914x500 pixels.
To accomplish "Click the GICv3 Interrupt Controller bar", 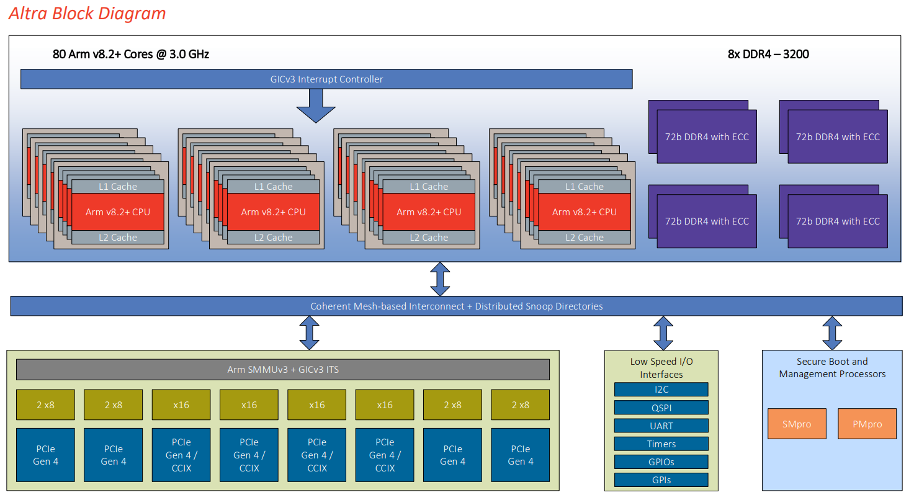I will pos(326,79).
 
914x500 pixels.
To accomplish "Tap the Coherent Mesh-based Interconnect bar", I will pos(456,306).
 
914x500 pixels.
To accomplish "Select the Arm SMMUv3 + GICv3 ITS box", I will pos(282,370).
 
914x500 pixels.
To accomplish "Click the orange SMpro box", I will pos(797,424).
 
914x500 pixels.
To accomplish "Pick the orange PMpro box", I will pos(867,424).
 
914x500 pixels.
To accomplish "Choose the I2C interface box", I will pos(661,390).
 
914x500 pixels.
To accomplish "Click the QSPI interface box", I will pos(661,408).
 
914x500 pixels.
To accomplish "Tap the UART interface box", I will pos(661,426).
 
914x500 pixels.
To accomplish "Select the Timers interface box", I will pos(661,444).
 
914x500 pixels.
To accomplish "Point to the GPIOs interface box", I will pos(661,462).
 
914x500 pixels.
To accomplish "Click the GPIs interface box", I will pos(661,480).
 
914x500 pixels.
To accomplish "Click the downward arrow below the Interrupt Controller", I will pos(315,105).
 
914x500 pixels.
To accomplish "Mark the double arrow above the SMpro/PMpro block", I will pos(831,333).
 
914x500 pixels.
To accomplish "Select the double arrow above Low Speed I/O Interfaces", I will pos(663,333).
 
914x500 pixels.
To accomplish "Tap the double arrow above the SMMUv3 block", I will pos(309,333).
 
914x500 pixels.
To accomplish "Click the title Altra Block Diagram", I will pos(87,14).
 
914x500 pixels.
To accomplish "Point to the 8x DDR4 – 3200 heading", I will pos(768,54).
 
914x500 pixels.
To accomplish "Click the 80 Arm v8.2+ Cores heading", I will pos(131,54).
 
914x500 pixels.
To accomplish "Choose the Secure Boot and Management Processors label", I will pos(832,368).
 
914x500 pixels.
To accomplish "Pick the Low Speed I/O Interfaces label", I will pos(661,368).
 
